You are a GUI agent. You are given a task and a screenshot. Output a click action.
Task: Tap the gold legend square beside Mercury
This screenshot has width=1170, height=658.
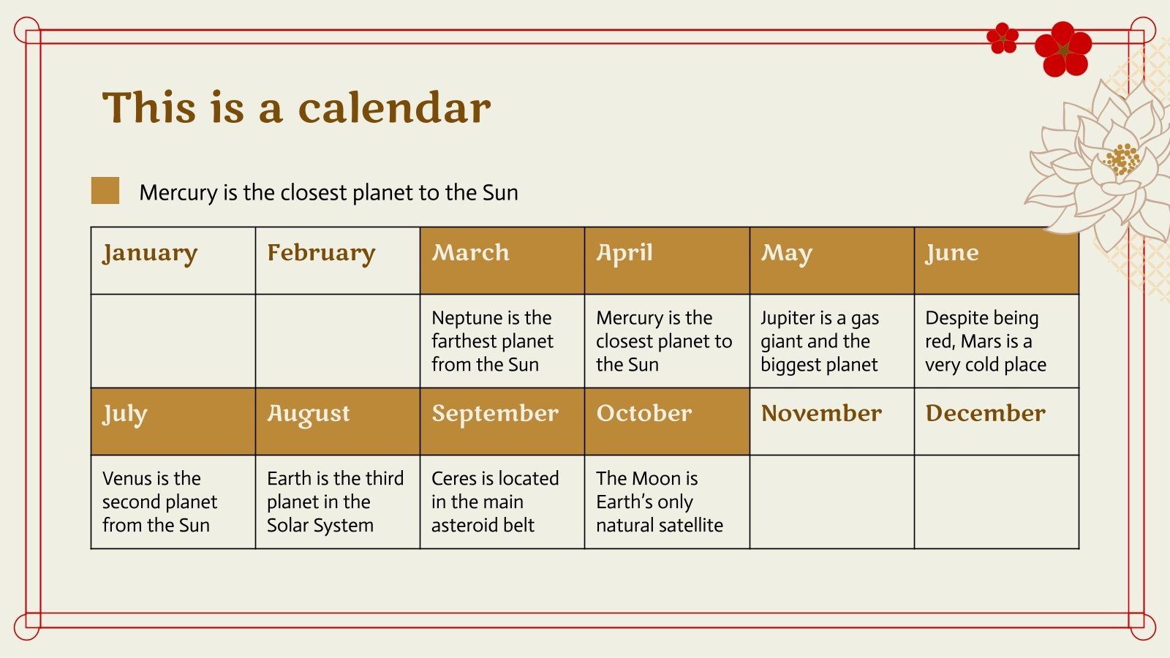tap(105, 190)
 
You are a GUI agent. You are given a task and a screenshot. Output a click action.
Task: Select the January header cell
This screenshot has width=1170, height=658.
tap(173, 260)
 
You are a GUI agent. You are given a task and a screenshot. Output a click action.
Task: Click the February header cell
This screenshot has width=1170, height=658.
tap(338, 260)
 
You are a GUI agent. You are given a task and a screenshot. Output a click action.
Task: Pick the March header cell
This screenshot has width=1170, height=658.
tap(502, 260)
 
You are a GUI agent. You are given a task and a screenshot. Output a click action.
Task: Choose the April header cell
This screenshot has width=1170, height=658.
tap(667, 260)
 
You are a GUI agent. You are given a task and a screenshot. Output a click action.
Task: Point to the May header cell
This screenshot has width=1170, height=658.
tap(832, 260)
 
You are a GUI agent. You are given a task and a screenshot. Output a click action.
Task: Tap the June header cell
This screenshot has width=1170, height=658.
tap(997, 260)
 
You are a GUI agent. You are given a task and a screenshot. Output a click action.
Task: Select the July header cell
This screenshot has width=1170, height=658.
tap(173, 421)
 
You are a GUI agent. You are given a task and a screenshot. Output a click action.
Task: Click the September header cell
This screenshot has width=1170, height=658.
tap(502, 421)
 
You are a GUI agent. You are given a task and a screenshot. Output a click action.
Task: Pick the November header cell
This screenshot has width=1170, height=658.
tap(832, 421)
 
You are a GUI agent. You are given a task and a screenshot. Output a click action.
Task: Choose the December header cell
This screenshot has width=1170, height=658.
tap(997, 421)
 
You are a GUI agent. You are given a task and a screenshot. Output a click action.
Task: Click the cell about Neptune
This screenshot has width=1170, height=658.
tap(502, 341)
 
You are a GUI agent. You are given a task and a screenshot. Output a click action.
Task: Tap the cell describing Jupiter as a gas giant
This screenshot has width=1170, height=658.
tap(832, 341)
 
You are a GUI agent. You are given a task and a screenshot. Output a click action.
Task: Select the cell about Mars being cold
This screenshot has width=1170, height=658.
tap(997, 341)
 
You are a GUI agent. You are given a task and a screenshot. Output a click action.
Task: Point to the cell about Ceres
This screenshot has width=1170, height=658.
tap(502, 502)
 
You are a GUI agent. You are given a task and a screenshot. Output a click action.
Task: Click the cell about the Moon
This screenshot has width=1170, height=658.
tap(667, 502)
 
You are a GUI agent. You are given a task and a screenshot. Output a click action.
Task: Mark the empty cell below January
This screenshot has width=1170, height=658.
tap(173, 341)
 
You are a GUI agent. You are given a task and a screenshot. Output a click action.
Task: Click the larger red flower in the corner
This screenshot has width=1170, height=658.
tap(1063, 49)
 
